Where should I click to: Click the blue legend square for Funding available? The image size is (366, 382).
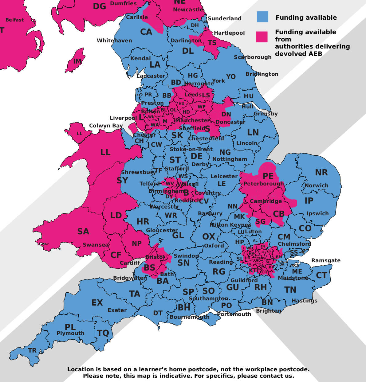pyautogui.click(x=262, y=17)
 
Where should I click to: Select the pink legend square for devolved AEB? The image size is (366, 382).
pyautogui.click(x=262, y=37)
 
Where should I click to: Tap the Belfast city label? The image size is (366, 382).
pyautogui.click(x=14, y=20)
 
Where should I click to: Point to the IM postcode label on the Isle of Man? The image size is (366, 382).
pyautogui.click(x=77, y=61)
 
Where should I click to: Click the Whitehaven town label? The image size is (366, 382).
pyautogui.click(x=114, y=41)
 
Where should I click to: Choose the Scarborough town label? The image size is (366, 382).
pyautogui.click(x=253, y=57)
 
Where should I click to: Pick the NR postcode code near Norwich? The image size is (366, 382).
pyautogui.click(x=321, y=173)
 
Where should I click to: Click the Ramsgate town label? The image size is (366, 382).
pyautogui.click(x=326, y=260)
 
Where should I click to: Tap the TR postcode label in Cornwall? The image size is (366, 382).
pyautogui.click(x=32, y=350)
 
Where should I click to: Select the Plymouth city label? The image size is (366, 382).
pyautogui.click(x=70, y=333)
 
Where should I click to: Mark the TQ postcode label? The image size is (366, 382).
pyautogui.click(x=103, y=333)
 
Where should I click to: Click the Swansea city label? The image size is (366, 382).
pyautogui.click(x=96, y=245)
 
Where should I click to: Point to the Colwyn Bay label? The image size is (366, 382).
pyautogui.click(x=106, y=126)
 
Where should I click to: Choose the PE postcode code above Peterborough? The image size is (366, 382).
pyautogui.click(x=268, y=176)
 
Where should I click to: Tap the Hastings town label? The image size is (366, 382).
pyautogui.click(x=304, y=300)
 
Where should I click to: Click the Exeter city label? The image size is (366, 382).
pyautogui.click(x=117, y=310)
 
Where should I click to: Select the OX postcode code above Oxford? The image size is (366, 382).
pyautogui.click(x=209, y=237)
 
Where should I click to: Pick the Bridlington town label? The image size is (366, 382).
pyautogui.click(x=262, y=74)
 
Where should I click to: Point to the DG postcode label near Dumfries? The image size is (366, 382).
pyautogui.click(x=99, y=6)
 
